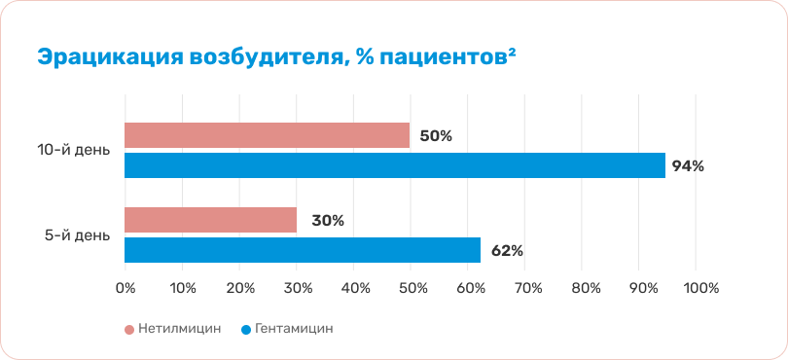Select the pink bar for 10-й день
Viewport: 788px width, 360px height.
click(267, 135)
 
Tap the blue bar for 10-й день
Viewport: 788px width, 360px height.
click(395, 165)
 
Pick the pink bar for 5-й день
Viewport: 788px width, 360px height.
click(210, 220)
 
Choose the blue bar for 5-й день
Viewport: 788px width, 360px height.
click(303, 250)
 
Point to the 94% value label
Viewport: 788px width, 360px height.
click(688, 166)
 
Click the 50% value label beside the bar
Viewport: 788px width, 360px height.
click(436, 136)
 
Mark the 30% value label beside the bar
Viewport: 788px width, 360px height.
click(328, 221)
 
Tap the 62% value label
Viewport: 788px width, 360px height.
click(507, 251)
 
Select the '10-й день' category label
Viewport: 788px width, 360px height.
click(74, 151)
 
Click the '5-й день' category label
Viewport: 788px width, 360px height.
click(77, 235)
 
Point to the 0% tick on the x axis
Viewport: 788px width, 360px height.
click(125, 289)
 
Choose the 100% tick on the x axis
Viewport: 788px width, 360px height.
click(696, 289)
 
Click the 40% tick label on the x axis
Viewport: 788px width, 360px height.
click(353, 289)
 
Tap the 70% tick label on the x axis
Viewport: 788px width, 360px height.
click(524, 289)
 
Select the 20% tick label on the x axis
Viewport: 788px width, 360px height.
click(239, 289)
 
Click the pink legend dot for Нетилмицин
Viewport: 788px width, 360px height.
click(129, 330)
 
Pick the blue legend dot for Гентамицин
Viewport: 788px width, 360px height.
click(246, 330)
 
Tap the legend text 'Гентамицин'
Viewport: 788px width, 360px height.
click(294, 329)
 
